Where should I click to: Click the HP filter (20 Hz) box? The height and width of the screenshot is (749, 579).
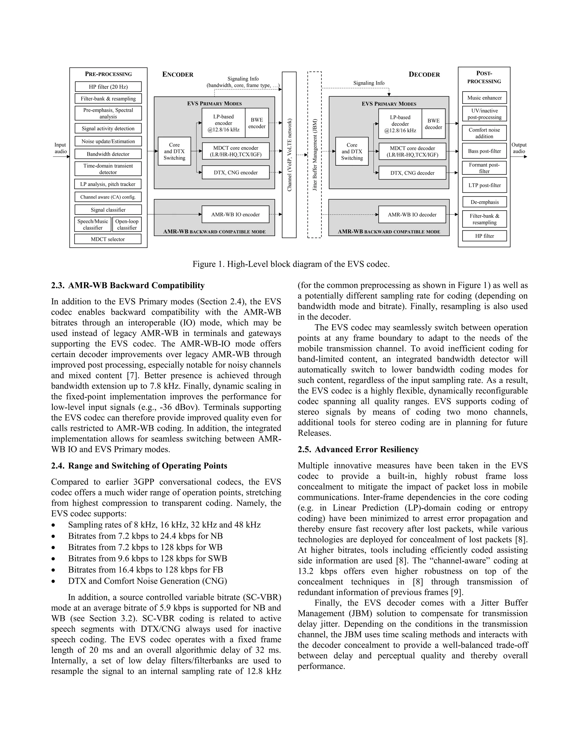coord(108,87)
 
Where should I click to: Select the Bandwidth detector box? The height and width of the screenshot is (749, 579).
coord(108,154)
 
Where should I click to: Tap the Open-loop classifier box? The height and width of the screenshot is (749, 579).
coord(127,225)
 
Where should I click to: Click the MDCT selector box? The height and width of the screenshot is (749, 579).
coord(108,239)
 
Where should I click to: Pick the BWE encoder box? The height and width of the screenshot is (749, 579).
coord(257,123)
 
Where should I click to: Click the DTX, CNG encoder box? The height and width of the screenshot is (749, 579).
coord(236,172)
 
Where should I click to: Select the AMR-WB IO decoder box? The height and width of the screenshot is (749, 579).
coord(412,215)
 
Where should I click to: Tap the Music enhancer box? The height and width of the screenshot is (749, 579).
coord(484,98)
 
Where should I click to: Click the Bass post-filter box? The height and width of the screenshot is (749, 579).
coord(484,151)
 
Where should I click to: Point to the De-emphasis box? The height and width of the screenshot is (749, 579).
coord(484,202)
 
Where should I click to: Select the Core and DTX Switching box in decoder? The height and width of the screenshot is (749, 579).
coord(352,151)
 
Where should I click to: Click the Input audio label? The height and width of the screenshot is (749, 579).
coord(61,148)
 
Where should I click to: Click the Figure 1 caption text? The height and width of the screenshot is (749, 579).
coord(291,264)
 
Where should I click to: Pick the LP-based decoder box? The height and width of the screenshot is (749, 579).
coord(400,124)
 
